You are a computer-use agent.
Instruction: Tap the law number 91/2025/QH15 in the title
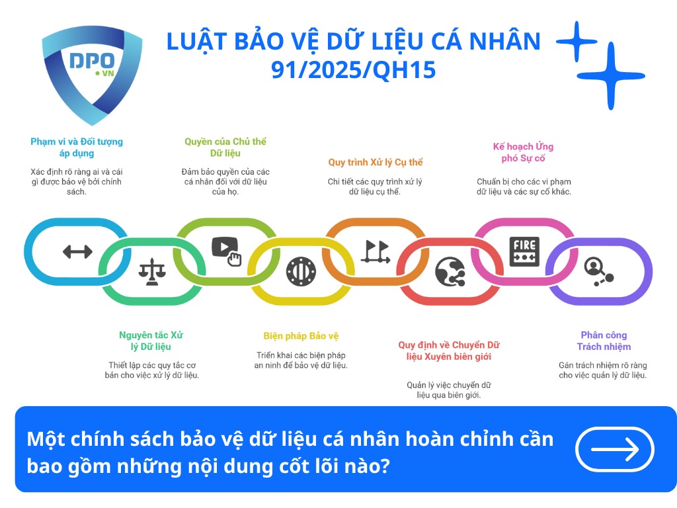tap(354, 69)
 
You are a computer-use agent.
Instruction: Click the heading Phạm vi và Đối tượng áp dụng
tap(77, 148)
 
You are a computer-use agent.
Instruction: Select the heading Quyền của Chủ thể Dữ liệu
tap(225, 148)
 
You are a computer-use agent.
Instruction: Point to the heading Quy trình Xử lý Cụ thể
tap(375, 162)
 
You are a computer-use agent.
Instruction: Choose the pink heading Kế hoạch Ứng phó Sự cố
tap(523, 152)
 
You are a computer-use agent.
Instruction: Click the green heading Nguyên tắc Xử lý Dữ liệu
tap(151, 341)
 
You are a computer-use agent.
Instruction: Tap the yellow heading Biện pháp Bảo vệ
tap(301, 336)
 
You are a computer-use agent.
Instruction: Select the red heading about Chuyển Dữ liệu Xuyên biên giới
tap(448, 351)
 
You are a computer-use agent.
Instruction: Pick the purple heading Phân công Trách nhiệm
tap(604, 341)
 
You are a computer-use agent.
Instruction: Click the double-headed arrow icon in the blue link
tap(77, 251)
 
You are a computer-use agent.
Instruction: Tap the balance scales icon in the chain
tap(152, 271)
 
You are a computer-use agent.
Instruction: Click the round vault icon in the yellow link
tap(301, 271)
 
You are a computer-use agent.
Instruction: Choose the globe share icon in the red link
tap(450, 271)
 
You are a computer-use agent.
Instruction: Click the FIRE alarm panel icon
tap(524, 251)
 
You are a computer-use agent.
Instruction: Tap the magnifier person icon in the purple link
tap(598, 271)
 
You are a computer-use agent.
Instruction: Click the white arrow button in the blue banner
tap(615, 450)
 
